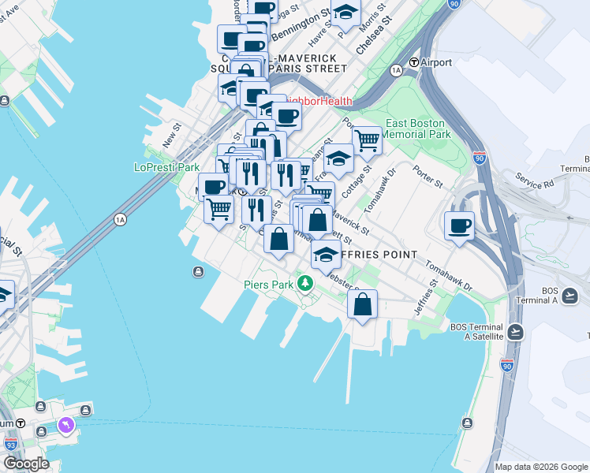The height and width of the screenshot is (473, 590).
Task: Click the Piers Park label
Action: (269, 285)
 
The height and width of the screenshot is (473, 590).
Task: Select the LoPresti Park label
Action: (167, 167)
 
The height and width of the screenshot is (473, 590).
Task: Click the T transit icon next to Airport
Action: (413, 63)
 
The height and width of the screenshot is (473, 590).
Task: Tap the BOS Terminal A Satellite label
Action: (476, 331)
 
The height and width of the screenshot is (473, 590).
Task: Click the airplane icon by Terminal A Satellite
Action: (517, 330)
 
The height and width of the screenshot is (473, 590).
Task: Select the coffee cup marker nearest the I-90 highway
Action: (459, 225)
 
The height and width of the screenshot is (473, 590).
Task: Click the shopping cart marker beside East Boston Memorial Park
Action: (367, 140)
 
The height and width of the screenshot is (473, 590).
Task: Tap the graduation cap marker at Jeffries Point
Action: (325, 254)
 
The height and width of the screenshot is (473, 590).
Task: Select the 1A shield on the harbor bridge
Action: (120, 218)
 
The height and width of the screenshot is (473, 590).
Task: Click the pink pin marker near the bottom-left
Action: (65, 426)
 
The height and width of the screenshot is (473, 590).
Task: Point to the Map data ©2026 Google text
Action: (541, 467)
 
